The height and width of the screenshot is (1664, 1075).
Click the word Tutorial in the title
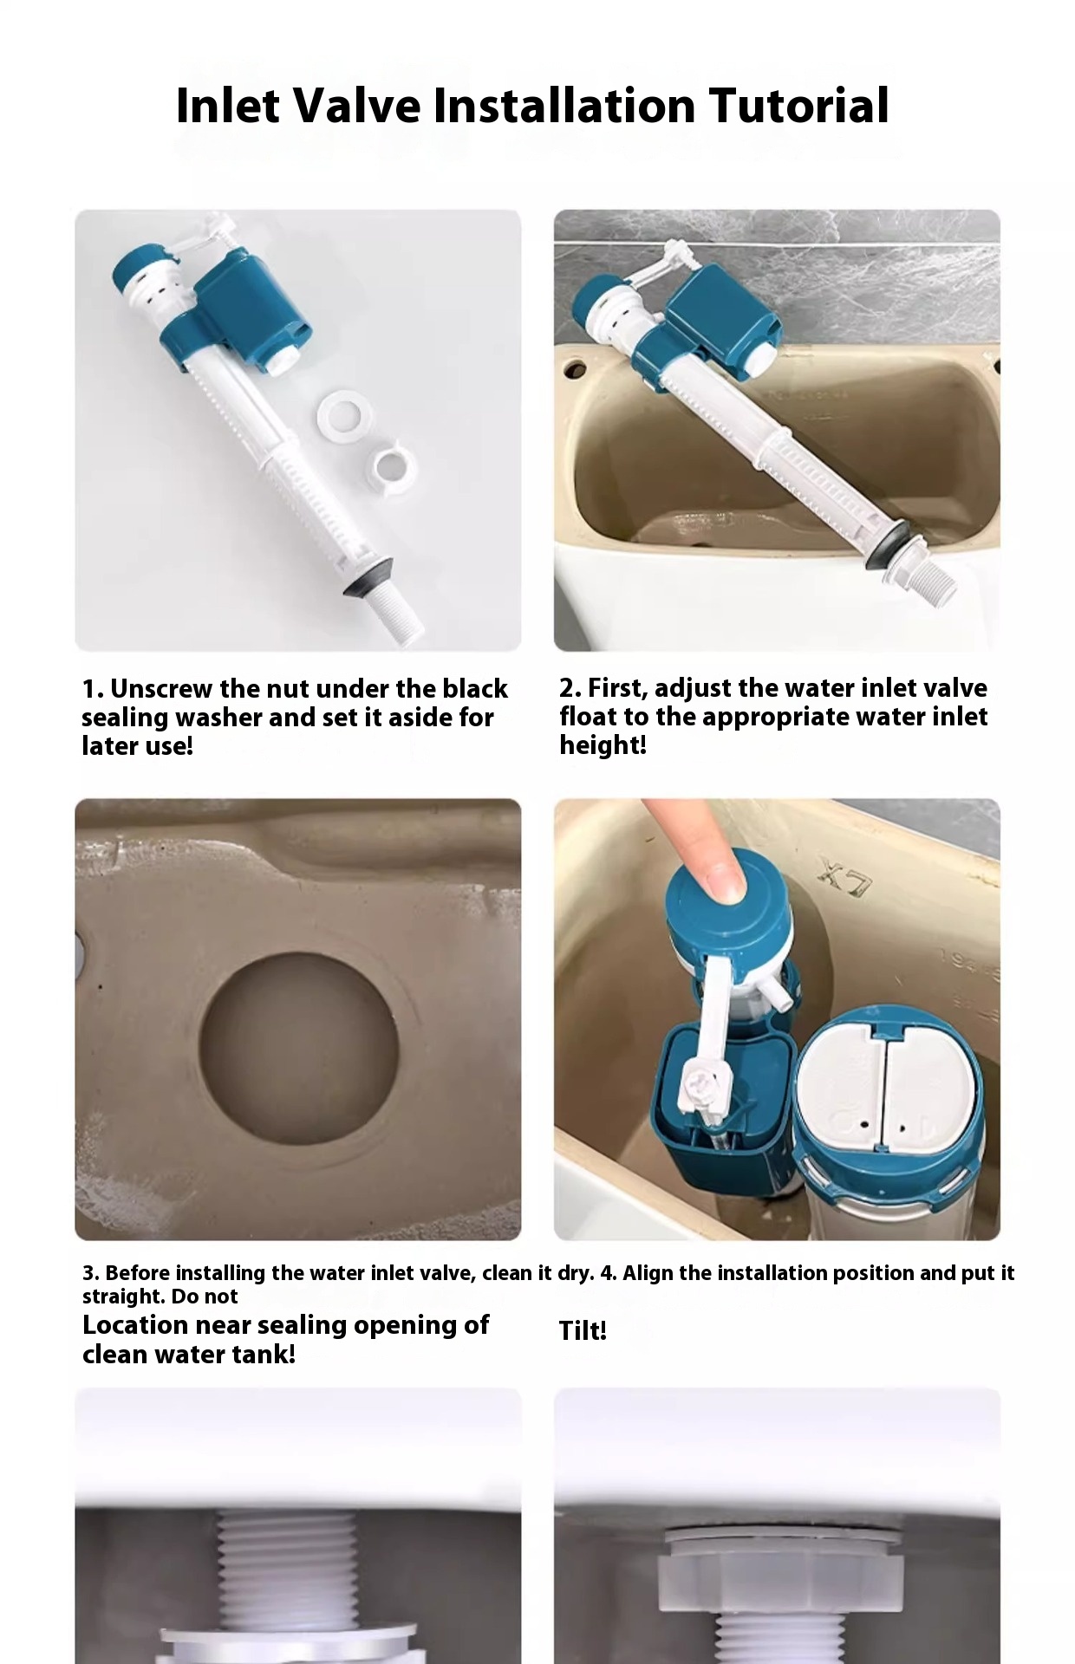coord(798,106)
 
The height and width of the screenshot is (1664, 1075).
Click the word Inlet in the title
coord(227,106)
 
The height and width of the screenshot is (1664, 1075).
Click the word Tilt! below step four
coord(582,1330)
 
